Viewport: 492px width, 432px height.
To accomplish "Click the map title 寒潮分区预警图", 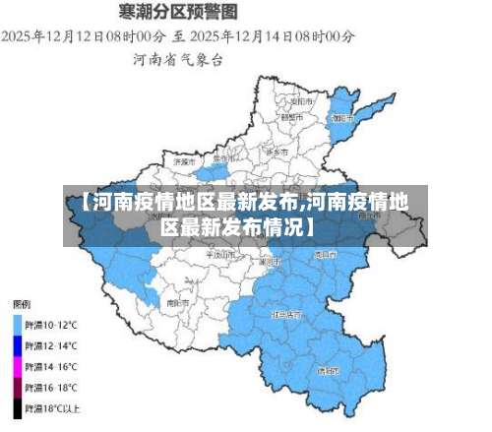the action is [178, 13].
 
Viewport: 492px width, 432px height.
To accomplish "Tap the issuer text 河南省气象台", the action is [178, 59].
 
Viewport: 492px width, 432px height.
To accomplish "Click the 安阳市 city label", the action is [301, 100].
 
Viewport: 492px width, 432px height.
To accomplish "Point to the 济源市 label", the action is [184, 160].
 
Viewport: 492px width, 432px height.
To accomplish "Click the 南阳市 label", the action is [177, 303].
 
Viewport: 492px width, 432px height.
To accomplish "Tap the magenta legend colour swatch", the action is [17, 366].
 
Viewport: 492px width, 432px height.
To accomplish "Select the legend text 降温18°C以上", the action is [53, 406].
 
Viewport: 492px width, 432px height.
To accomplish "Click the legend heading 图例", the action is [21, 303].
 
